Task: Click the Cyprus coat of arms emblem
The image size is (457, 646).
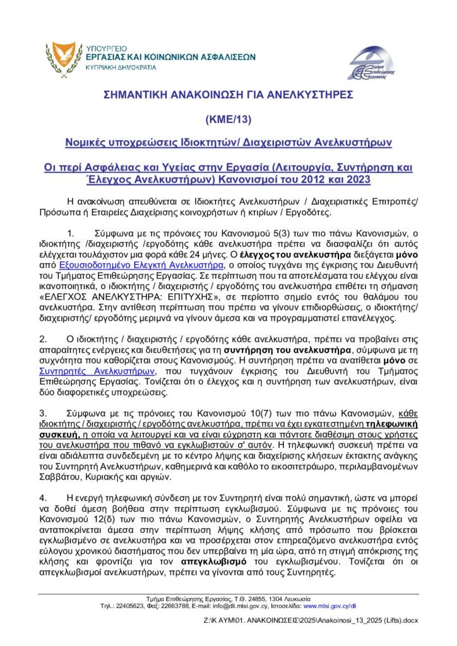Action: pos(62,56)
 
